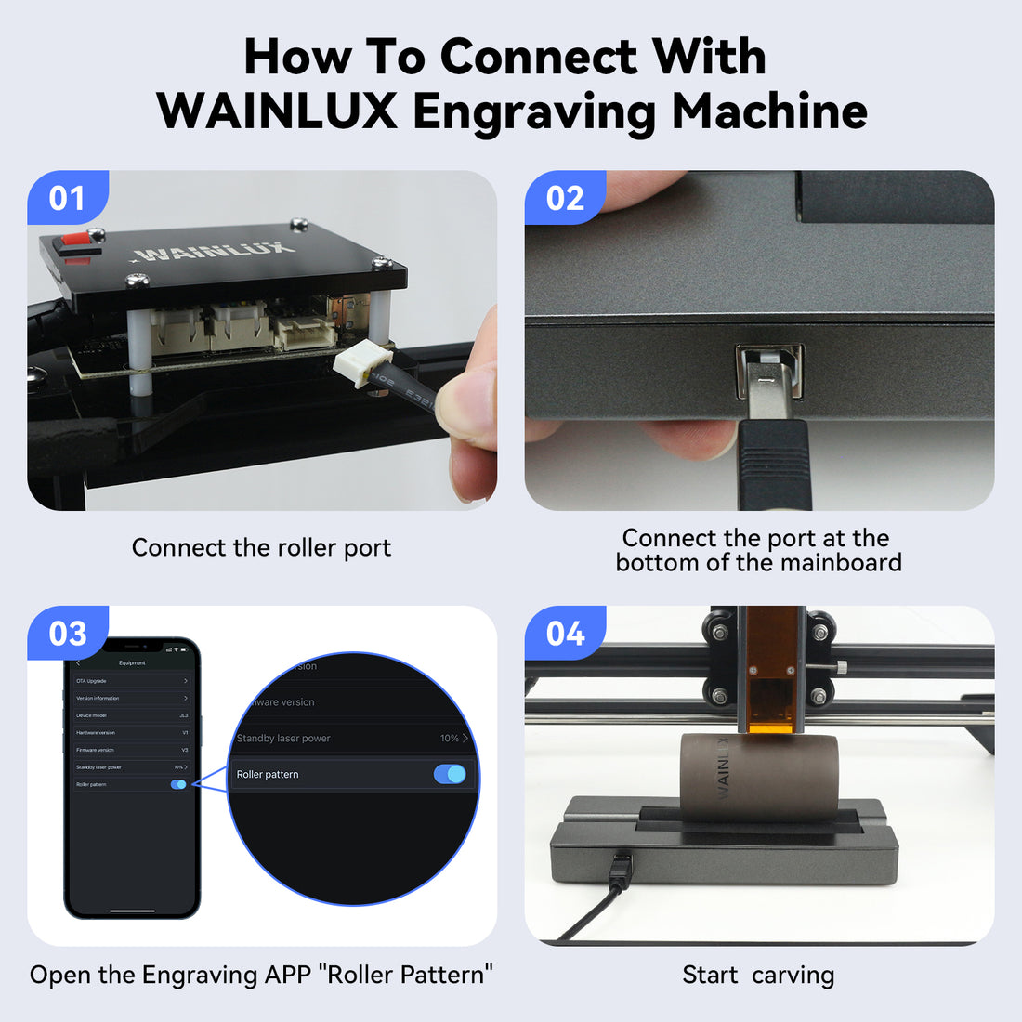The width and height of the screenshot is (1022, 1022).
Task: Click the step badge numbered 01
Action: [x=67, y=198]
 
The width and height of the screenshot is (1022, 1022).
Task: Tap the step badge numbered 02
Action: [x=565, y=198]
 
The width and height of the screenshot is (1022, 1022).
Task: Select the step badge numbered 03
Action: [x=67, y=634]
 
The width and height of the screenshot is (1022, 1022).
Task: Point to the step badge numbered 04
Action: [x=565, y=634]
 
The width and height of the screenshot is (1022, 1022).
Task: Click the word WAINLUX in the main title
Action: [x=277, y=111]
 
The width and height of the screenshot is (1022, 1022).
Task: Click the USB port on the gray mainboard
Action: [x=768, y=371]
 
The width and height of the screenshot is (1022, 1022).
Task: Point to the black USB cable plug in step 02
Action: [x=774, y=465]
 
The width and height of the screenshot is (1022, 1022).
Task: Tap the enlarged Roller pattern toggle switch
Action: [x=450, y=774]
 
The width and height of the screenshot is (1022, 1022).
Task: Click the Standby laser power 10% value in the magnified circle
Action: [x=450, y=739]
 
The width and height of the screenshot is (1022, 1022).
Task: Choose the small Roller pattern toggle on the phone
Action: [x=178, y=785]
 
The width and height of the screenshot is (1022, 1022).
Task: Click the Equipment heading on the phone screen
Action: [x=132, y=662]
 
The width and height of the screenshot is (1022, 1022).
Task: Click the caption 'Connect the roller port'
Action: [x=261, y=548]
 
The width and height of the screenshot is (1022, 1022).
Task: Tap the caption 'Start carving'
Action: [x=758, y=976]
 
